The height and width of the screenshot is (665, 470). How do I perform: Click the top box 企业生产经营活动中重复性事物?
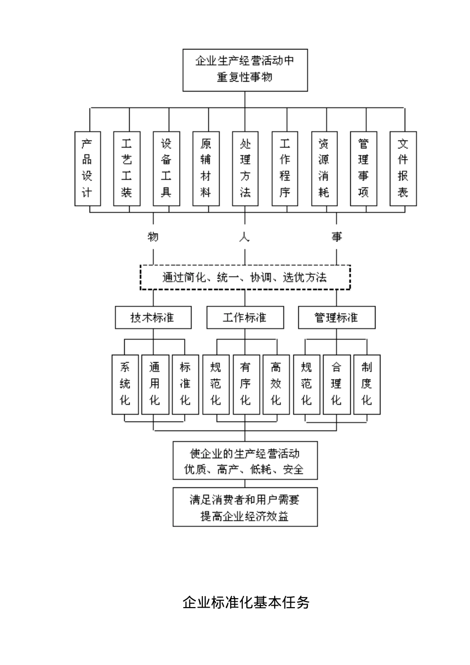click(x=245, y=70)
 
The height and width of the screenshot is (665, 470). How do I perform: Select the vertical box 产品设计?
click(x=88, y=168)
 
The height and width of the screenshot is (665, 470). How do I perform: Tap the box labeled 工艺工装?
click(x=127, y=168)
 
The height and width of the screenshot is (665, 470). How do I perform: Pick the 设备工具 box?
click(x=166, y=168)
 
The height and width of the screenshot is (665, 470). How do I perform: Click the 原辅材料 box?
click(x=206, y=168)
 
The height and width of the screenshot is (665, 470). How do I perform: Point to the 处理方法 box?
click(x=245, y=168)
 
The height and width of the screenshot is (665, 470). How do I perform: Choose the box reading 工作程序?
click(x=284, y=168)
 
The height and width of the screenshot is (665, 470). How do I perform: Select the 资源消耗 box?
click(x=324, y=168)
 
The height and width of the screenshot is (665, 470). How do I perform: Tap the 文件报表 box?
click(x=403, y=168)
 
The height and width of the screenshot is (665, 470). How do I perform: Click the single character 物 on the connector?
click(x=153, y=237)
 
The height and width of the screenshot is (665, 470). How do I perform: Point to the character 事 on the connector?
click(x=337, y=237)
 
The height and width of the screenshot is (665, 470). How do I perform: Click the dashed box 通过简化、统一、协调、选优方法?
click(x=245, y=277)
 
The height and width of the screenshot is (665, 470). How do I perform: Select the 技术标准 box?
click(x=153, y=317)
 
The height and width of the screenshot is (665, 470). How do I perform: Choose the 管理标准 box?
click(x=336, y=317)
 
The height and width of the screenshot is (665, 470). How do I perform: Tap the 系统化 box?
click(x=125, y=384)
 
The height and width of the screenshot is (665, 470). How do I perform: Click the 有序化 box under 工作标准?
click(x=246, y=384)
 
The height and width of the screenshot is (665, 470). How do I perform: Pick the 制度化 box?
click(x=367, y=384)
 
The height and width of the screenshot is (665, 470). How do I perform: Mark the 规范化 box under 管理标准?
click(x=307, y=384)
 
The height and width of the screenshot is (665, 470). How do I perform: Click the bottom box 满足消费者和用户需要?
click(x=245, y=507)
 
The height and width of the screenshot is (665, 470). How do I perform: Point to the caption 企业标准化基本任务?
click(x=246, y=602)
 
